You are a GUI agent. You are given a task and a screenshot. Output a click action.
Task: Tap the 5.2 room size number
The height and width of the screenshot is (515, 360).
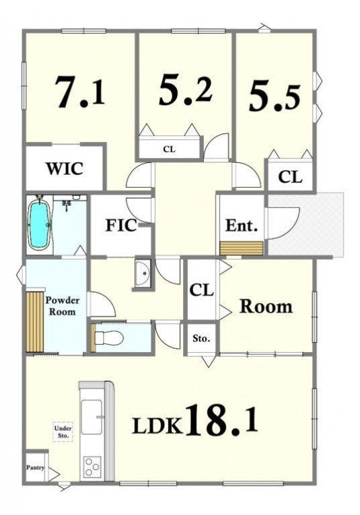click(186, 89)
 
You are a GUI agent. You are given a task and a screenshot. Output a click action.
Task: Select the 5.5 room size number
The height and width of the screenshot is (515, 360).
click(275, 98)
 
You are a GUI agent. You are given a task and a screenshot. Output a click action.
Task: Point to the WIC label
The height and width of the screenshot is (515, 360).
click(65, 169)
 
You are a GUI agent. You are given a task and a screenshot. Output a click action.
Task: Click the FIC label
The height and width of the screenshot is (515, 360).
click(121, 226)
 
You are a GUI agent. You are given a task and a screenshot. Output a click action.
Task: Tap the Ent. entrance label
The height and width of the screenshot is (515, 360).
click(241, 226)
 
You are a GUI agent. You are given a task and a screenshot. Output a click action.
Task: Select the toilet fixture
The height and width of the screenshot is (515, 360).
click(108, 337)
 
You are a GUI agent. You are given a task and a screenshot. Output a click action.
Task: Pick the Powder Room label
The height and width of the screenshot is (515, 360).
click(63, 306)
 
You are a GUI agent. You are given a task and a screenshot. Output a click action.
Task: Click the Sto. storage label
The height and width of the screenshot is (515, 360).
click(201, 339)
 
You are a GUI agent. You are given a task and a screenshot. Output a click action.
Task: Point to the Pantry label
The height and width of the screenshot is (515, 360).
click(35, 467)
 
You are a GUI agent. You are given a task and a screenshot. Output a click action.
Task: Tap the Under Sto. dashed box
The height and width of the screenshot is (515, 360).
click(63, 432)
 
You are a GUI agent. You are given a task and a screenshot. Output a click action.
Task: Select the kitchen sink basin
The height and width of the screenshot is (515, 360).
click(91, 417)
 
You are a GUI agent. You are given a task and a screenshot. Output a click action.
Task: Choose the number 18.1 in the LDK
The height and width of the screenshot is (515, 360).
click(222, 420)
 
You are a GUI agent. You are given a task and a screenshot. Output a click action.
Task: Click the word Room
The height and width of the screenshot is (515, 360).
click(266, 306)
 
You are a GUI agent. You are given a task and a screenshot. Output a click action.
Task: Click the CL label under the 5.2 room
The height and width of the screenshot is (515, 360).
click(170, 149)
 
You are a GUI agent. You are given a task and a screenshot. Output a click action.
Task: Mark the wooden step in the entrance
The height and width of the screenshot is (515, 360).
click(242, 248)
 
